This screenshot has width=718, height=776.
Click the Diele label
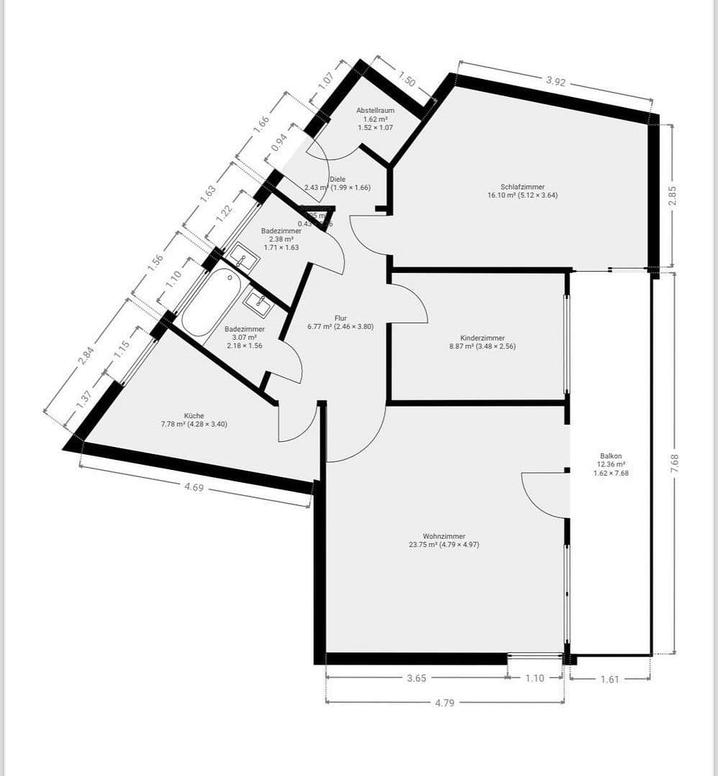pyautogui.click(x=337, y=180)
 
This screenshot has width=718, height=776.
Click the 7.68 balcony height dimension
pyautogui.click(x=674, y=464)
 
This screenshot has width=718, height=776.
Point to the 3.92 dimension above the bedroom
pyautogui.click(x=555, y=81)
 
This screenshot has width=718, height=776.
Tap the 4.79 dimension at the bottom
pyautogui.click(x=445, y=703)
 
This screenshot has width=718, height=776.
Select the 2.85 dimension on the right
pyautogui.click(x=673, y=195)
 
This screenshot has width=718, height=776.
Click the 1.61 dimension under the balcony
pyautogui.click(x=609, y=678)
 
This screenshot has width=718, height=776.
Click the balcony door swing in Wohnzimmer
pyautogui.click(x=544, y=494)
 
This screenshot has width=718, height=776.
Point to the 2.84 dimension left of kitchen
pyautogui.click(x=86, y=356)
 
